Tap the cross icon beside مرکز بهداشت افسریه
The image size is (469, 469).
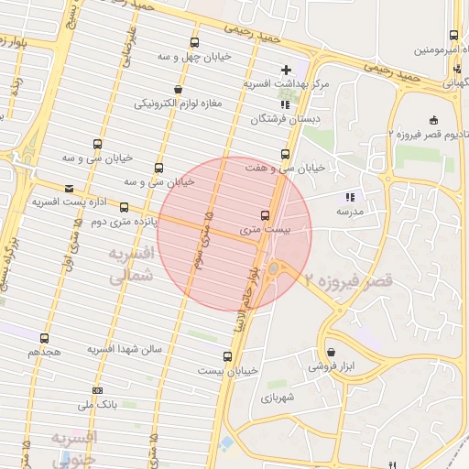point(286,70)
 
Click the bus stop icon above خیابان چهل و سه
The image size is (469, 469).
point(193,42)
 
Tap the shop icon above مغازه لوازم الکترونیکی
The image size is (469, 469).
point(177,89)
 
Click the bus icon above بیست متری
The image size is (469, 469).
point(266,215)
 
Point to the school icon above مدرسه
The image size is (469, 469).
point(348,197)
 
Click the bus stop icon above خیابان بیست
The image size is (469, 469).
point(227,356)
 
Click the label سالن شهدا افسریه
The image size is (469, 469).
point(124,350)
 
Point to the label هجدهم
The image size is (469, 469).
point(44,351)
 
